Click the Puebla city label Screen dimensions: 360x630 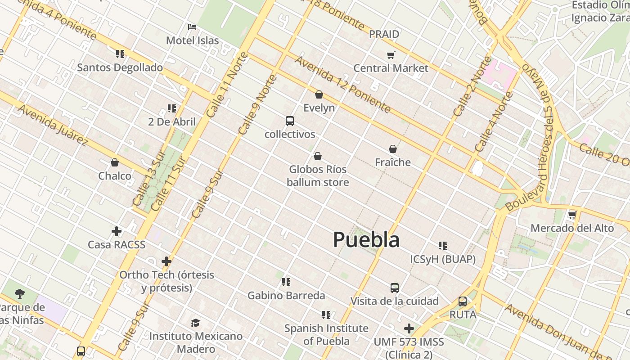pyautogui.click(x=366, y=240)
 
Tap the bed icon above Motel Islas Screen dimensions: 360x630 pyautogui.click(x=192, y=27)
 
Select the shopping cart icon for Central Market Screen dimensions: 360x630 pyautogui.click(x=391, y=55)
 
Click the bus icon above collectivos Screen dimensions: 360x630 pyautogui.click(x=290, y=121)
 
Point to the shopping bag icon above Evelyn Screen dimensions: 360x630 pyautogui.click(x=319, y=94)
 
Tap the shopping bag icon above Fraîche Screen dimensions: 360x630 pyautogui.click(x=393, y=149)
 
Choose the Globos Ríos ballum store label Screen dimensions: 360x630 pyautogui.click(x=318, y=175)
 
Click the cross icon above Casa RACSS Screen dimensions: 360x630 pyautogui.click(x=117, y=231)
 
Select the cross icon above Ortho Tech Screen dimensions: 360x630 pyautogui.click(x=166, y=261)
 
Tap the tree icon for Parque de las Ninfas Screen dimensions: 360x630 pyautogui.click(x=19, y=294)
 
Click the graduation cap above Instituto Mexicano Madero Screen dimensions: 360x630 pyautogui.click(x=195, y=323)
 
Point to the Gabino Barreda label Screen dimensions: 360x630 pyautogui.click(x=286, y=296)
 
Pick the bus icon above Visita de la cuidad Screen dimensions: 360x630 pyautogui.click(x=395, y=288)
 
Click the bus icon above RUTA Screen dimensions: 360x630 pyautogui.click(x=463, y=301)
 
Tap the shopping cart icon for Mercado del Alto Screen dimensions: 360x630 pyautogui.click(x=572, y=215)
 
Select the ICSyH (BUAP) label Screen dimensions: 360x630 pyautogui.click(x=443, y=259)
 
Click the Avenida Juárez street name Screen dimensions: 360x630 pyautogui.click(x=53, y=126)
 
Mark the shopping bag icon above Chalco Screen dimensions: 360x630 pyautogui.click(x=115, y=162)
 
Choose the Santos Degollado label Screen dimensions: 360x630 pyautogui.click(x=120, y=67)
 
